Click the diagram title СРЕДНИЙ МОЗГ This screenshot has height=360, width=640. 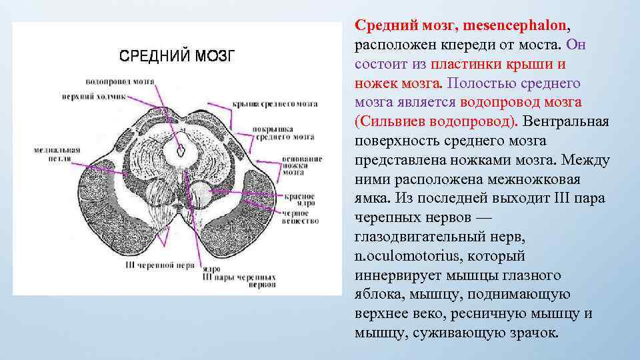point(176,55)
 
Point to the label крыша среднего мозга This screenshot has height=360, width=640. point(275,105)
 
